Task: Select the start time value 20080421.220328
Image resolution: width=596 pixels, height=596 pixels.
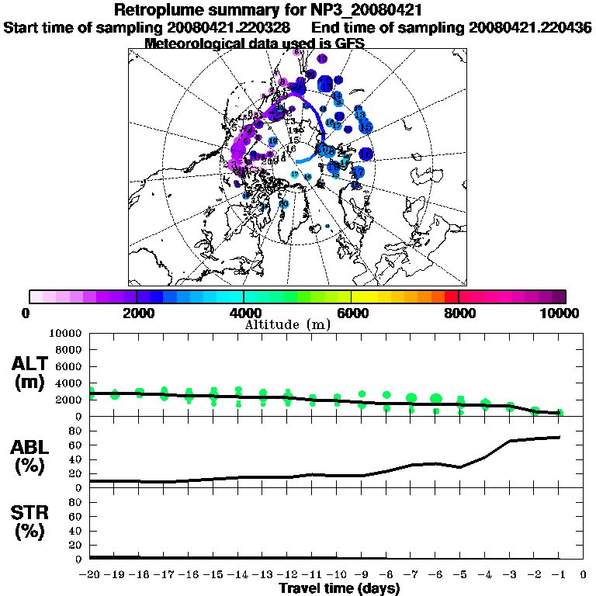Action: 225,27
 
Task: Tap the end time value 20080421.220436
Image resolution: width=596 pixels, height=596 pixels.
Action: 530,27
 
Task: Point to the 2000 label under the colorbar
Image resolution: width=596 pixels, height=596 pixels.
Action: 137,314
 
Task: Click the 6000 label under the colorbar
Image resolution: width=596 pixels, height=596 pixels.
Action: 352,314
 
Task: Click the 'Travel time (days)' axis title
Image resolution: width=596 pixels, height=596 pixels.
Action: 339,588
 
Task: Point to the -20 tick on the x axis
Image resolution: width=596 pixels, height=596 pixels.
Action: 91,574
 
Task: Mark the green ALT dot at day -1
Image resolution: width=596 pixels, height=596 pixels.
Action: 560,413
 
